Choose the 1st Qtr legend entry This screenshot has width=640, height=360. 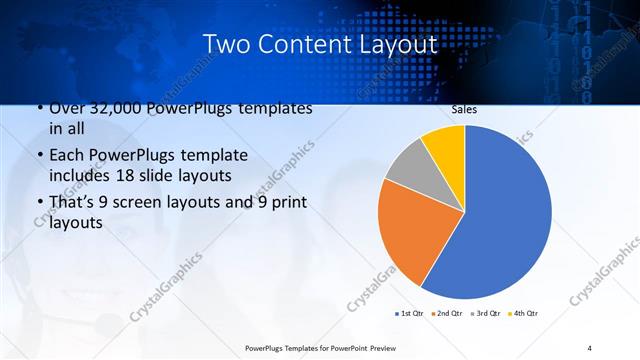tap(410, 314)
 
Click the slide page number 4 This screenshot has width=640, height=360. tap(589, 347)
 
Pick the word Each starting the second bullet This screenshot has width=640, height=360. tap(67, 156)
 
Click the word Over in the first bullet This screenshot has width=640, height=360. tap(67, 108)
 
